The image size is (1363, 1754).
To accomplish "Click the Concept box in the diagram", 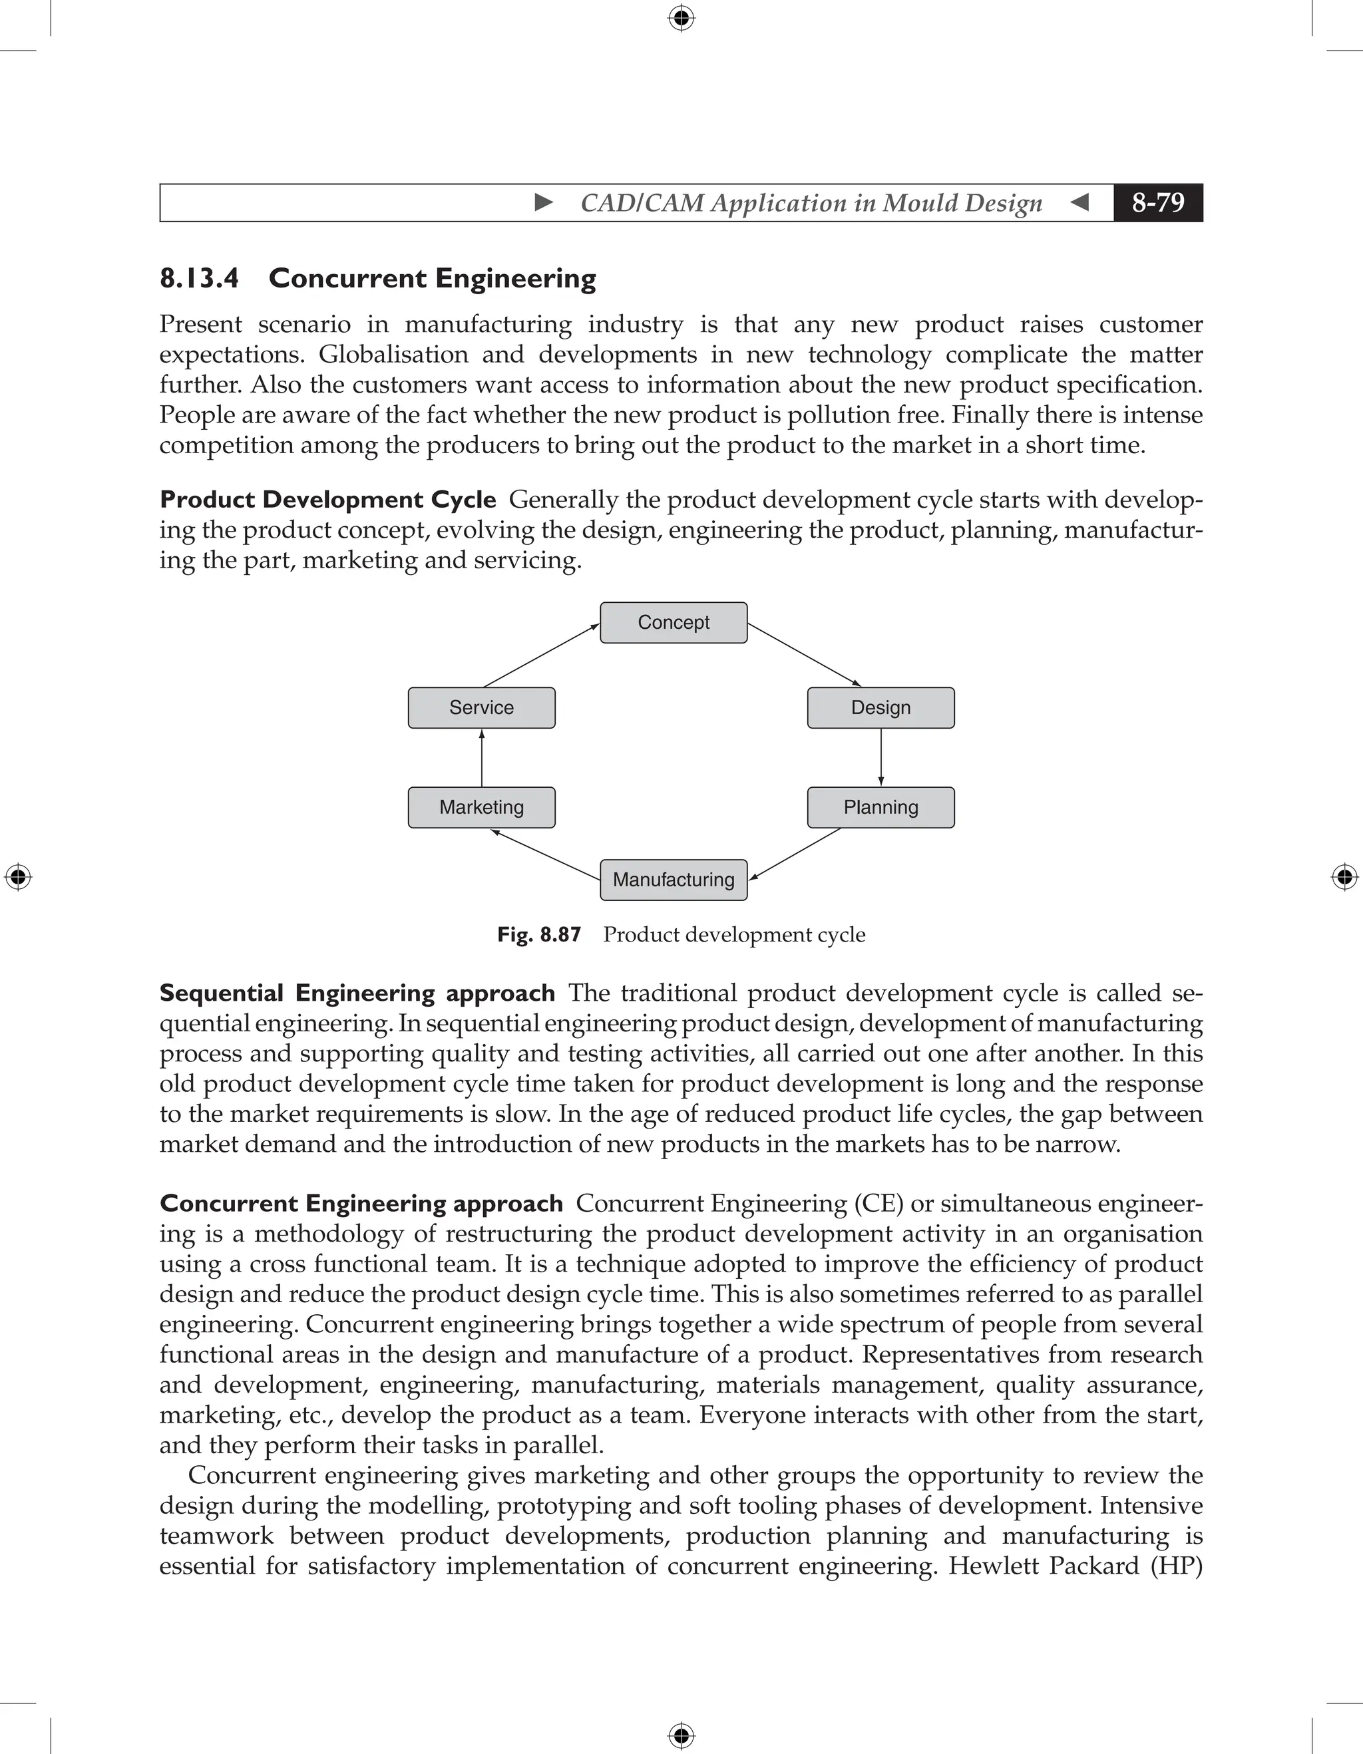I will click(673, 622).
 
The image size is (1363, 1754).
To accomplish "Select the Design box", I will click(880, 707).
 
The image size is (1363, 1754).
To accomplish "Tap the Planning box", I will click(880, 807).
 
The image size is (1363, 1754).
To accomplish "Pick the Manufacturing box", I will click(673, 880).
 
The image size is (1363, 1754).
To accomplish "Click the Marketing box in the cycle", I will click(481, 807).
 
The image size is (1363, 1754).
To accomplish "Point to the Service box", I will click(481, 707).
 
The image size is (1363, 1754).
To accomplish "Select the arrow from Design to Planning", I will click(881, 757).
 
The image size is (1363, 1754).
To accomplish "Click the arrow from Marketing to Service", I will click(482, 757).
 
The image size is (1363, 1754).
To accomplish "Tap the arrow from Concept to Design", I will click(804, 655).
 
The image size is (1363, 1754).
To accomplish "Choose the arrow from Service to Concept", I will click(542, 655).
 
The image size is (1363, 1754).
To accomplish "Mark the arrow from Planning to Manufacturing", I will click(795, 854).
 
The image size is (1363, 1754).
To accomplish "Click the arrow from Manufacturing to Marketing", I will click(546, 855).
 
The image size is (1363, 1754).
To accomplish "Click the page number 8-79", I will click(1157, 202).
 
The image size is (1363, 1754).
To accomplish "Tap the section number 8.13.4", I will click(199, 279).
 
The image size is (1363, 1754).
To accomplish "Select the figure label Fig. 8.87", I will click(539, 935).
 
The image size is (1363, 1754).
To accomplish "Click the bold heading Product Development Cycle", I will click(327, 500).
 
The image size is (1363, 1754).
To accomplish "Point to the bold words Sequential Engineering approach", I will click(357, 993).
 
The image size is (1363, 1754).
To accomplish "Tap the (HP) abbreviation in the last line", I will click(1176, 1566).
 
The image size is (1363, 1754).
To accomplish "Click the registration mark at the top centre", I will click(681, 18).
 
